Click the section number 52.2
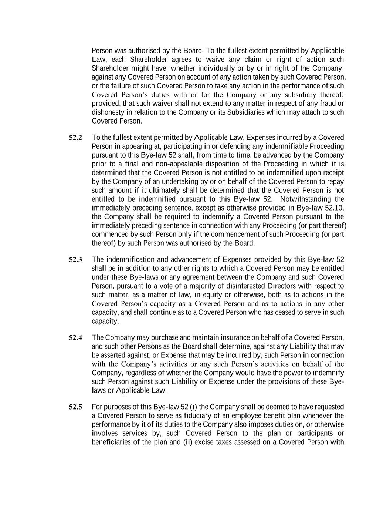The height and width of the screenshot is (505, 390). click(75, 138)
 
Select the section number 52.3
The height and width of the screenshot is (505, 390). click(75, 259)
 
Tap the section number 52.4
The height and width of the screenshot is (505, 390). click(75, 338)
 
